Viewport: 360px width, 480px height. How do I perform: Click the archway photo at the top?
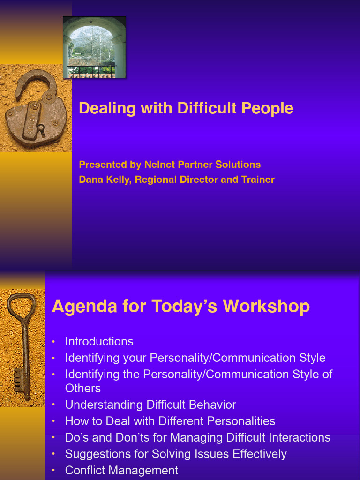click(94, 47)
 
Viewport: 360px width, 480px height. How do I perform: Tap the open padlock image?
click(36, 112)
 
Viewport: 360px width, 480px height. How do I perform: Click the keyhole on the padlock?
click(41, 127)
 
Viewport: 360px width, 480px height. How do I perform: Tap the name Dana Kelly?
click(105, 180)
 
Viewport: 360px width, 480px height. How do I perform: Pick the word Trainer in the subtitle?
click(258, 180)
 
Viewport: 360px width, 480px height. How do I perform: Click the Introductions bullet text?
click(99, 341)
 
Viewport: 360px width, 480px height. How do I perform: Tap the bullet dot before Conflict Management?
click(54, 470)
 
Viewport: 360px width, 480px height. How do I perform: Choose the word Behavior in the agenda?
click(214, 405)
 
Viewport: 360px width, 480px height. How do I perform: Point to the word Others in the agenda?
click(83, 388)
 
